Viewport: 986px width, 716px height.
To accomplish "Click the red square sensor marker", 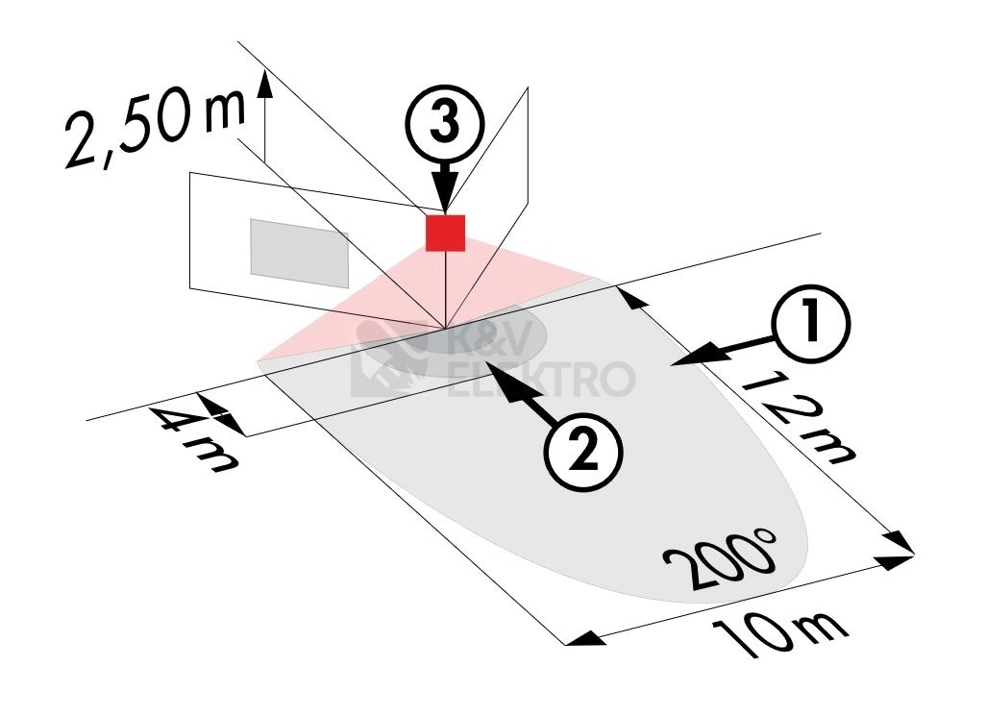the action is coord(445,234).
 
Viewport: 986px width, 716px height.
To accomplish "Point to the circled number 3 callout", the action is coord(445,123).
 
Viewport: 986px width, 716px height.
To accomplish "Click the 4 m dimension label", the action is coord(193,438).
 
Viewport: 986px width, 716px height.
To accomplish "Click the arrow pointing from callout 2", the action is coord(519,392).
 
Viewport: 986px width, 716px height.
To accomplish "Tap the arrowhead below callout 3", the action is coord(445,192).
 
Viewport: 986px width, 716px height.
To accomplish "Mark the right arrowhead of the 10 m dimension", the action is coord(895,558).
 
